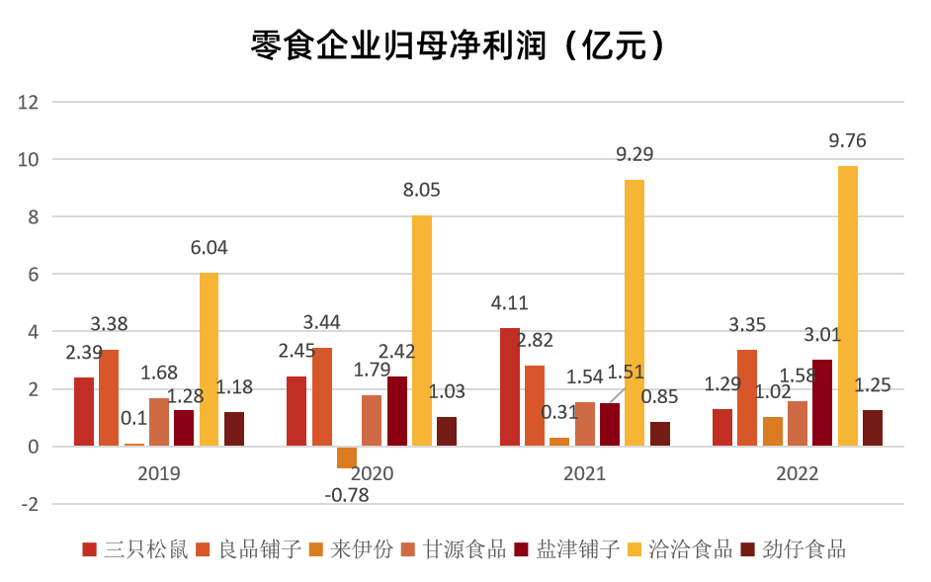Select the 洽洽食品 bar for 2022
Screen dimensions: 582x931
click(848, 305)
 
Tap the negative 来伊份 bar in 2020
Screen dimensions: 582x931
click(347, 457)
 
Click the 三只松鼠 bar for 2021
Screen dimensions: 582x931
click(510, 387)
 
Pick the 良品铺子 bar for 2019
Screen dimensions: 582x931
click(109, 398)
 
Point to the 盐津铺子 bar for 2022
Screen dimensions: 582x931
click(822, 403)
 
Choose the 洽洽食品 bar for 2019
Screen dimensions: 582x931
click(209, 360)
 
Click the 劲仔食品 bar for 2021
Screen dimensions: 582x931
click(660, 434)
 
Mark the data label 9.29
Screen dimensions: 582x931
click(635, 154)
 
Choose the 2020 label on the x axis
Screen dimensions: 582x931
click(372, 473)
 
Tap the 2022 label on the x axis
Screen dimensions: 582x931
click(798, 473)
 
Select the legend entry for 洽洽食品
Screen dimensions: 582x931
click(680, 550)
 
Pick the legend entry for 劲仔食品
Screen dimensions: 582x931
click(794, 550)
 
